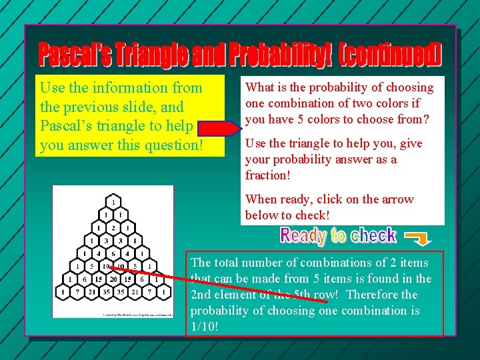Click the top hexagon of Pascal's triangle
click(113, 201)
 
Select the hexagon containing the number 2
click(113, 227)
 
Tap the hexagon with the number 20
click(113, 279)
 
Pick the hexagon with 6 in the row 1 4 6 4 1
click(113, 253)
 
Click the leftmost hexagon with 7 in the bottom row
click(75, 291)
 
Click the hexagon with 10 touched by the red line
click(105, 266)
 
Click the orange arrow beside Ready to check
click(419, 237)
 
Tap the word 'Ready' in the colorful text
click(303, 236)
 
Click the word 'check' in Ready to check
click(373, 236)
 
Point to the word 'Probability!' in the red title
click(280, 55)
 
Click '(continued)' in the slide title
click(390, 55)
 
